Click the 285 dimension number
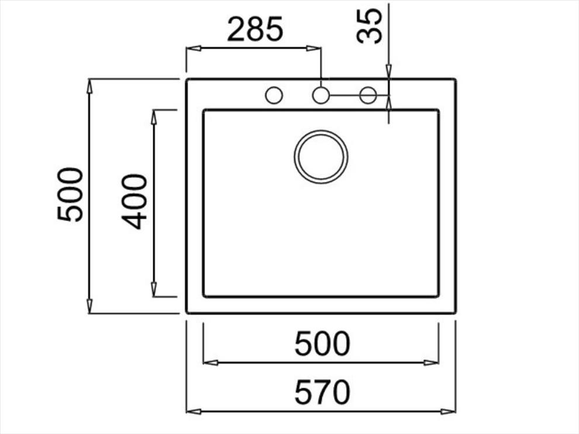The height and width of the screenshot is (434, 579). click(x=255, y=29)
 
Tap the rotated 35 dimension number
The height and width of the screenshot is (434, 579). click(x=370, y=26)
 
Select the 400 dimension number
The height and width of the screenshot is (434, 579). click(x=135, y=202)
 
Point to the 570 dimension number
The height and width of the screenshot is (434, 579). click(x=322, y=392)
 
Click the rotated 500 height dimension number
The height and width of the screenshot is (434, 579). click(x=70, y=195)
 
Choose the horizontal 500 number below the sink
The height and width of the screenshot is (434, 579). click(x=322, y=343)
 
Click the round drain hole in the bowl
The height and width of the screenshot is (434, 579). click(x=321, y=157)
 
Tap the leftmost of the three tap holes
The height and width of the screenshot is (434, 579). click(x=274, y=95)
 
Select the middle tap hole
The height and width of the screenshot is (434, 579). click(x=321, y=95)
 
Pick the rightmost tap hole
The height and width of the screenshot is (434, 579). click(x=368, y=95)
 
